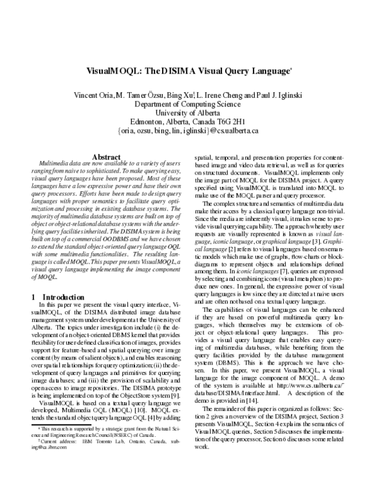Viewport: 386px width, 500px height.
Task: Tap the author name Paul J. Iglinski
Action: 279,95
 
